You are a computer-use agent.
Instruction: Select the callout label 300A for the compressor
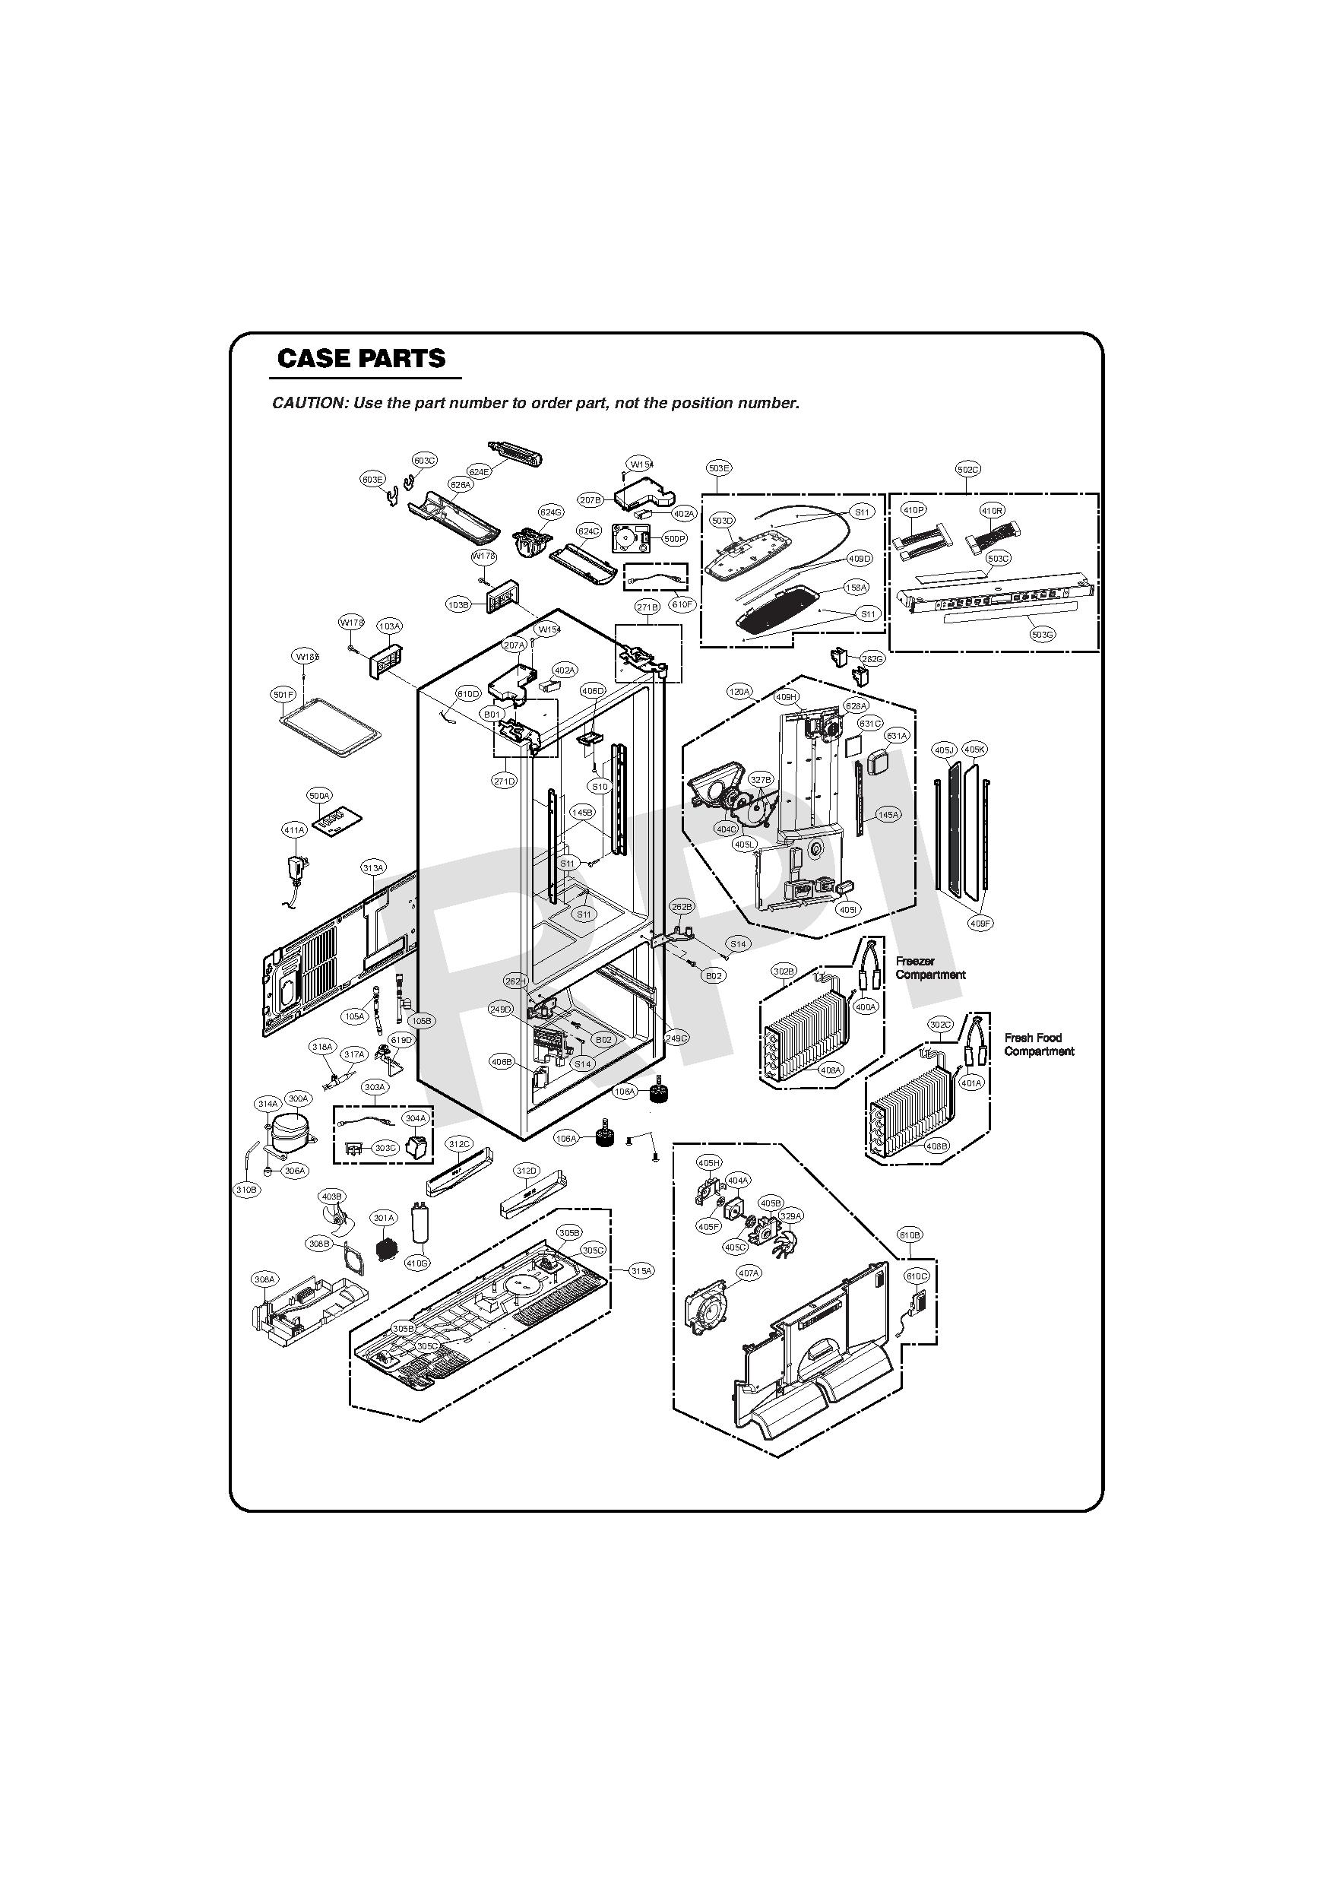[297, 1099]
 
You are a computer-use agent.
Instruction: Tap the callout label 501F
[283, 695]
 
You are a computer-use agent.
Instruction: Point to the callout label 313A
[373, 868]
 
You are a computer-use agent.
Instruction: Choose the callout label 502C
[967, 469]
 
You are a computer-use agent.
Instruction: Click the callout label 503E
[719, 468]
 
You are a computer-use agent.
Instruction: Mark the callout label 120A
[739, 692]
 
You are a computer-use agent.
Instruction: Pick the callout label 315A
[641, 1271]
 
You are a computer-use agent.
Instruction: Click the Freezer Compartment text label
[929, 968]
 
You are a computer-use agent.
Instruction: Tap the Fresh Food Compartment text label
[1038, 1044]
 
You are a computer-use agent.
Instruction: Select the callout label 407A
[749, 1273]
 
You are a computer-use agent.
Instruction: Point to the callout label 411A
[294, 830]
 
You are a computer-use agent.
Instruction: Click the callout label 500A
[318, 796]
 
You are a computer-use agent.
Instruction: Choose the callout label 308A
[264, 1280]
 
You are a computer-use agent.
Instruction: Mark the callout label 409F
[980, 924]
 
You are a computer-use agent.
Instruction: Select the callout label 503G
[1042, 634]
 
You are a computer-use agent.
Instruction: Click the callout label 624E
[479, 471]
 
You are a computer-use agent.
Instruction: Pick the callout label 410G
[417, 1263]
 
